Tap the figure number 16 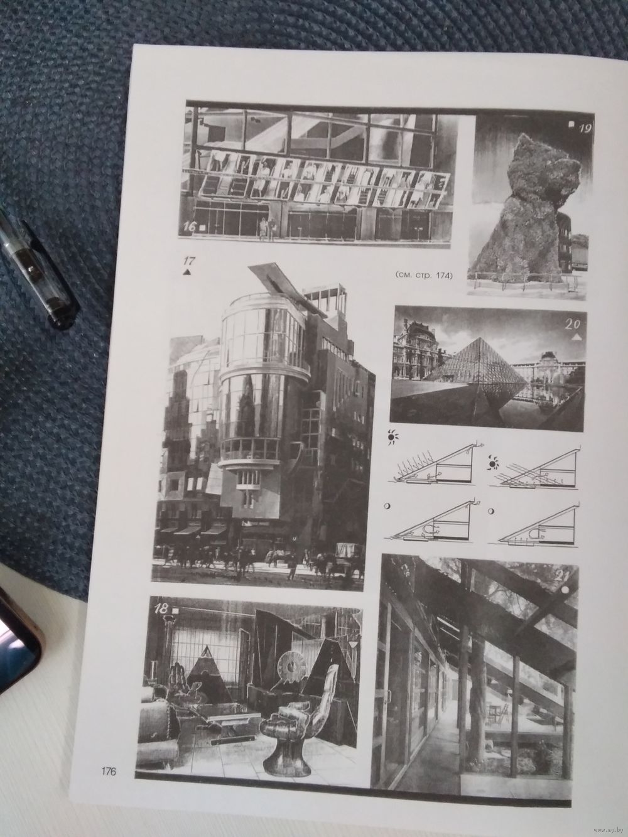coord(189,227)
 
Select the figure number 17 coord(189,262)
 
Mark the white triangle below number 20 coord(577,337)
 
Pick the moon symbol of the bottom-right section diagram coord(492,510)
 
